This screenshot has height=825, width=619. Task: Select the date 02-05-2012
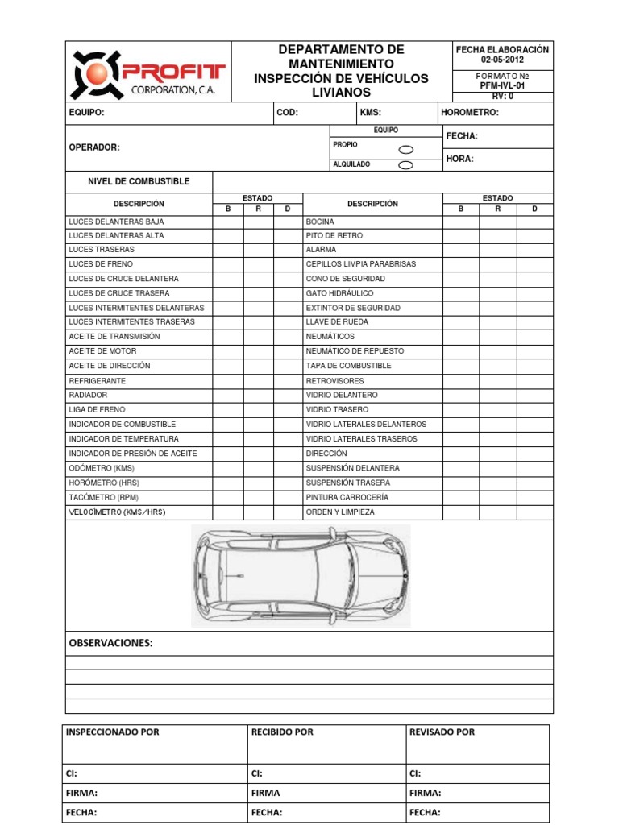click(x=502, y=60)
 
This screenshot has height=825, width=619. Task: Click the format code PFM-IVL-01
click(x=502, y=85)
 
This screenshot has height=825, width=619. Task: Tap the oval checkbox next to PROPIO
click(x=406, y=149)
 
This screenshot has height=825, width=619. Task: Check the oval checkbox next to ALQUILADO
click(x=406, y=165)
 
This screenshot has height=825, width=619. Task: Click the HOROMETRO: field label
click(x=471, y=113)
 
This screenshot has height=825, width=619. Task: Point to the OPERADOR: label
click(x=94, y=147)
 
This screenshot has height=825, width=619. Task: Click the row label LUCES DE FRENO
click(x=101, y=264)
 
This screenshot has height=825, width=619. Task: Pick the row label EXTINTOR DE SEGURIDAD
click(x=353, y=308)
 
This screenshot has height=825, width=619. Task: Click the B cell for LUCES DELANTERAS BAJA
click(x=227, y=222)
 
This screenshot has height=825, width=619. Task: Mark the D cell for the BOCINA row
click(x=534, y=222)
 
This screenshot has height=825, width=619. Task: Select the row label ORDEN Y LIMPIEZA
click(x=340, y=512)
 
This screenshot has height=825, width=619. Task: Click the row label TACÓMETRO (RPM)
click(x=104, y=497)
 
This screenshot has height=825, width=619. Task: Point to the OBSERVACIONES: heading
click(x=110, y=643)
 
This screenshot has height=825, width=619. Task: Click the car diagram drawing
click(x=300, y=575)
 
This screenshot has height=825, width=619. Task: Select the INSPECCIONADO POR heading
click(x=112, y=732)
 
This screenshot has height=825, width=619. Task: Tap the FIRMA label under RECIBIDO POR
click(x=265, y=793)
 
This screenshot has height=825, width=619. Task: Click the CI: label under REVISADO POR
click(x=415, y=773)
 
